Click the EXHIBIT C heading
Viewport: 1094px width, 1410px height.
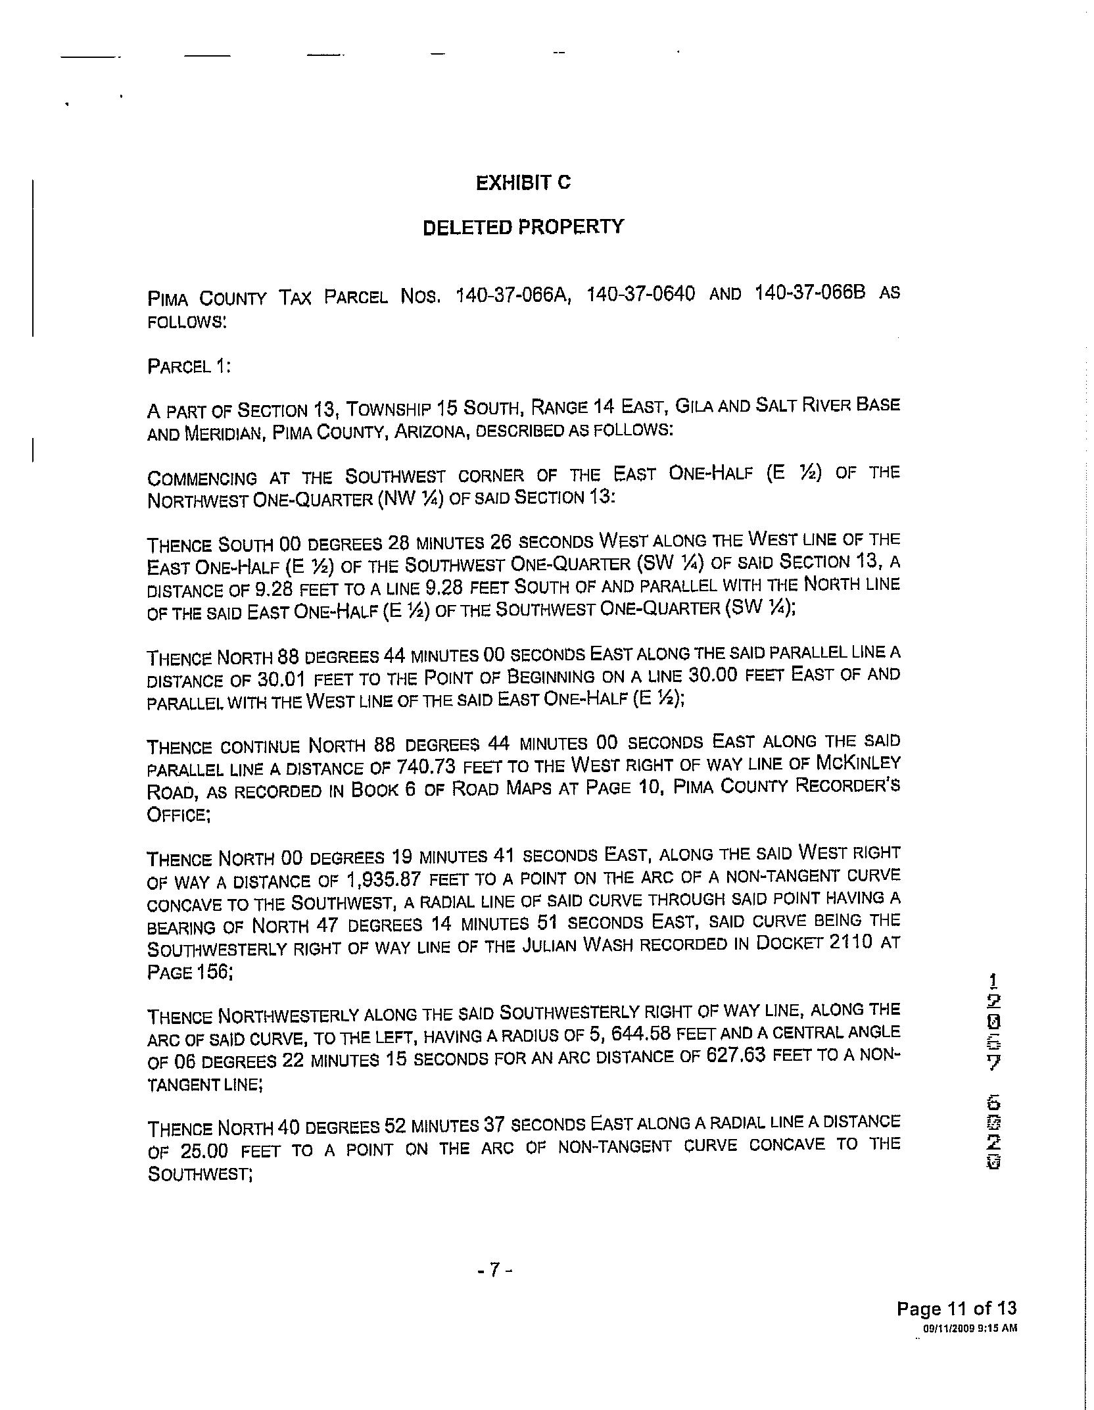(x=523, y=183)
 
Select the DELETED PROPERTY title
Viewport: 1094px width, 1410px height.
(x=523, y=228)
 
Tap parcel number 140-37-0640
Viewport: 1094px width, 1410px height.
(x=640, y=294)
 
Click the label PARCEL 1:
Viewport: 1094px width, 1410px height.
(x=189, y=366)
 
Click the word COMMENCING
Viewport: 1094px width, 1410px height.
(x=202, y=478)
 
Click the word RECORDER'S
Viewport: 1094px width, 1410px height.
(x=847, y=786)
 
